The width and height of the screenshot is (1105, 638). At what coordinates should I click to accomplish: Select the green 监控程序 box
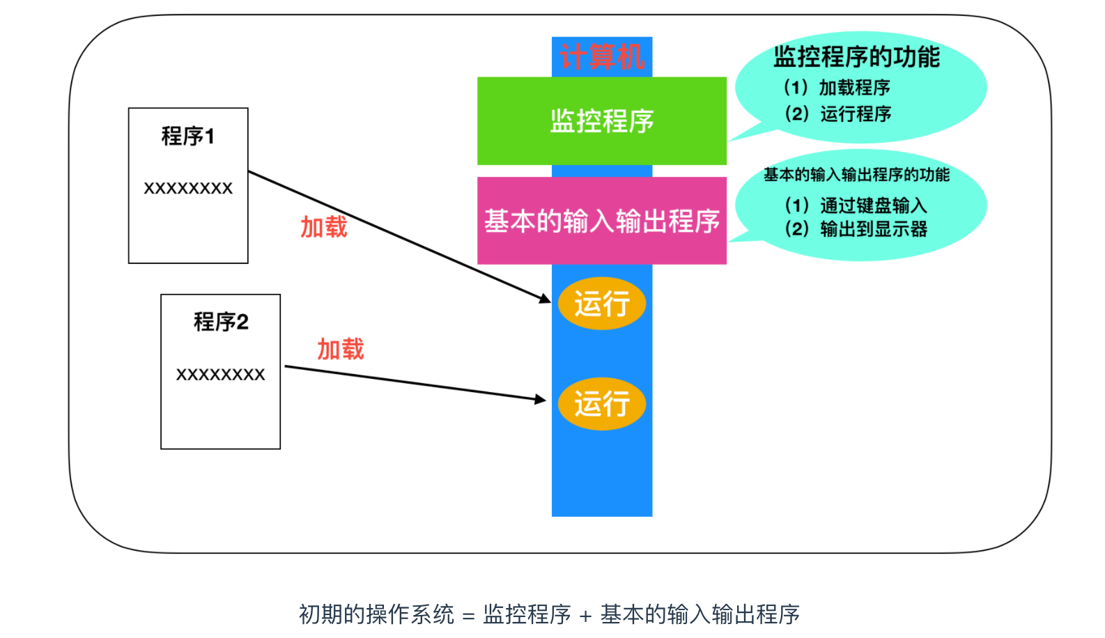602,121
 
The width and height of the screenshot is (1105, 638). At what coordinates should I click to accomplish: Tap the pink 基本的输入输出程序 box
602,221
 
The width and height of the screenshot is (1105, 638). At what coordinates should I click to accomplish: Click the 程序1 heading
188,136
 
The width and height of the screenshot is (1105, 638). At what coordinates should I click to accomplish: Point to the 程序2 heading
221,322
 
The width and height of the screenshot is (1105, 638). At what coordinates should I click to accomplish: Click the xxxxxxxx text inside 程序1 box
188,188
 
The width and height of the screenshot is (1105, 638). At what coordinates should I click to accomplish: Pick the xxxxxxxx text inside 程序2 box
221,375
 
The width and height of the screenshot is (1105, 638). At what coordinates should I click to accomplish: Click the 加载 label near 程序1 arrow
324,227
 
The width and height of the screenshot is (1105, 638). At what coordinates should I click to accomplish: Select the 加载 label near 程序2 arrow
341,349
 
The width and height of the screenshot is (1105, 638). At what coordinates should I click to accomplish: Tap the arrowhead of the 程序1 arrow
545,299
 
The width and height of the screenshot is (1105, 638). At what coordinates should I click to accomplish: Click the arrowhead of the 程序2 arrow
541,399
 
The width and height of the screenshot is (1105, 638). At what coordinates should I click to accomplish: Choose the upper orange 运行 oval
602,304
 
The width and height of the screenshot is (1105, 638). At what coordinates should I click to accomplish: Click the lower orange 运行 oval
602,404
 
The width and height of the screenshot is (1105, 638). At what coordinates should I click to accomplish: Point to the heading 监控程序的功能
857,57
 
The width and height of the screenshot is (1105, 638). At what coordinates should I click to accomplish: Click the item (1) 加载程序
837,88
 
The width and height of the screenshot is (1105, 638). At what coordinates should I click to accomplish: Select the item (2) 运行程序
837,114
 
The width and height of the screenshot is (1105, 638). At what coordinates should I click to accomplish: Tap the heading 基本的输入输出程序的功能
856,175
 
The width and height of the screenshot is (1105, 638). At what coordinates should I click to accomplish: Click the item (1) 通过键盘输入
856,205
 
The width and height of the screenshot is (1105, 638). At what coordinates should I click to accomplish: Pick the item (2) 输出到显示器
856,229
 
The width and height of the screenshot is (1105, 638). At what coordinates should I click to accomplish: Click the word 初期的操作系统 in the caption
376,614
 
